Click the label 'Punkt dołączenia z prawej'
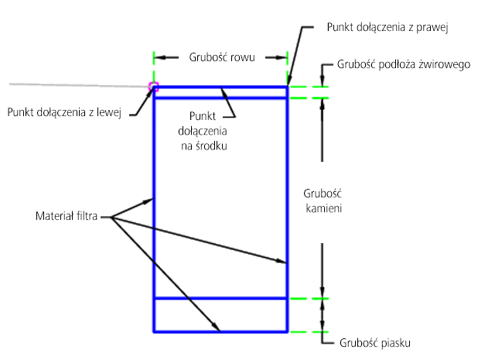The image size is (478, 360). click(388, 27)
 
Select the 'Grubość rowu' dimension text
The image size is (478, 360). click(222, 57)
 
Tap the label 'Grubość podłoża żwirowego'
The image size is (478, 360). click(404, 65)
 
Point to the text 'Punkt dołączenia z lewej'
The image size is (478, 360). click(64, 112)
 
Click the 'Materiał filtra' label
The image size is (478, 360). click(67, 216)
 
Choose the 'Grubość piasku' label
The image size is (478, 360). click(375, 343)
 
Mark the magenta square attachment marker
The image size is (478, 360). click(153, 87)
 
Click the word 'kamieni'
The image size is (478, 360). click(324, 208)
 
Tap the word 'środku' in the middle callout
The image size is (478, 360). click(212, 146)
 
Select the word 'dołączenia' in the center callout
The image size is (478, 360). click(203, 131)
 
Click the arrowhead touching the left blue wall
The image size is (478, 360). click(149, 201)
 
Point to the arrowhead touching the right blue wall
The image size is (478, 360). click(282, 261)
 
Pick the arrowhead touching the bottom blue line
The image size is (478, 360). click(216, 327)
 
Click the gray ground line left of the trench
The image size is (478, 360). click(79, 85)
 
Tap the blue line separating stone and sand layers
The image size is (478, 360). click(220, 298)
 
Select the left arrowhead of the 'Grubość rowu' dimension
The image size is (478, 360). click(160, 57)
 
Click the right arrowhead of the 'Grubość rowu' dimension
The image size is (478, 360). click(282, 57)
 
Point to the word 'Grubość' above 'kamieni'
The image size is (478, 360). click(323, 194)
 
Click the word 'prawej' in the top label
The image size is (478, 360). click(432, 28)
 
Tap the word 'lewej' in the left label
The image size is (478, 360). click(109, 112)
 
